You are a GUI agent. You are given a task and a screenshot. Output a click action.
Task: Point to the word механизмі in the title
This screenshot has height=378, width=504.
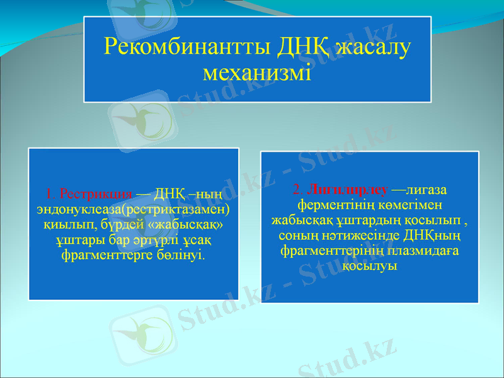coord(257,71)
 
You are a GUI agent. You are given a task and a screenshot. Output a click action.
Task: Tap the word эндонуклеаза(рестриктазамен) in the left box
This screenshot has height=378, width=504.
coord(133,209)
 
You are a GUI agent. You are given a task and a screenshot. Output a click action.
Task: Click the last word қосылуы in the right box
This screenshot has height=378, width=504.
coord(370,266)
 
